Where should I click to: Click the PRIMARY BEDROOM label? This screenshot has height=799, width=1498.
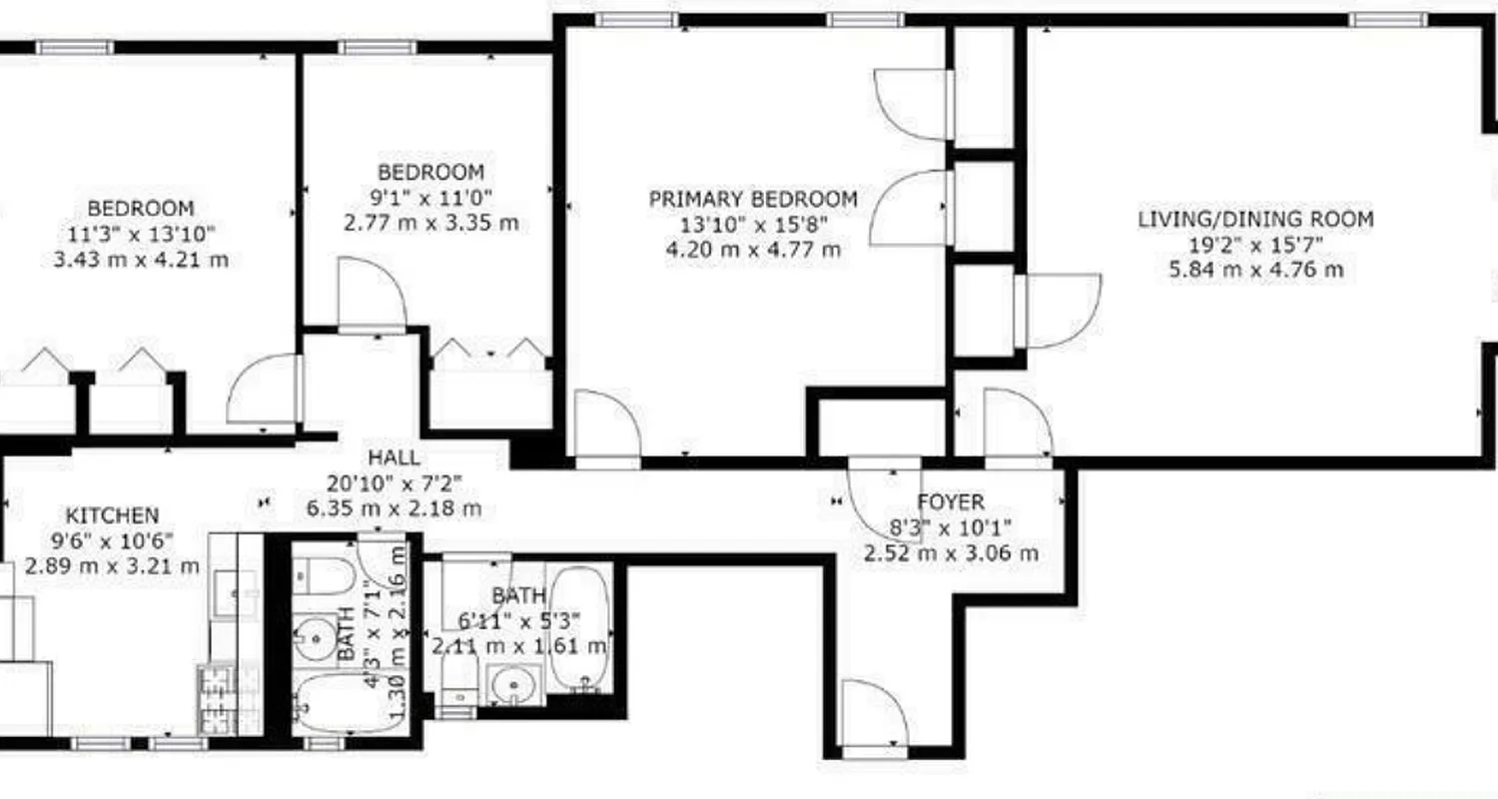pyautogui.click(x=753, y=199)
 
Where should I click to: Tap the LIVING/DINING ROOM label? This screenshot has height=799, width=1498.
pyautogui.click(x=1255, y=219)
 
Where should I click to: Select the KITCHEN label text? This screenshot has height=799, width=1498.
pyautogui.click(x=112, y=515)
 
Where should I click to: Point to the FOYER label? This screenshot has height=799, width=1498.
pyautogui.click(x=951, y=501)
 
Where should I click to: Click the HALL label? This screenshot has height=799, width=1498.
pyautogui.click(x=393, y=458)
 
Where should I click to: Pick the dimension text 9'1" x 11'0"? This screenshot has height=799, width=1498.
pyautogui.click(x=430, y=197)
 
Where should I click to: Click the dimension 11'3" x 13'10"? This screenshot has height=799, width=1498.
pyautogui.click(x=141, y=235)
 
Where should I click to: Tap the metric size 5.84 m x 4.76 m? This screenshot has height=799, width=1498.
pyautogui.click(x=1255, y=270)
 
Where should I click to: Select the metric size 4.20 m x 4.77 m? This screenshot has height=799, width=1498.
pyautogui.click(x=753, y=250)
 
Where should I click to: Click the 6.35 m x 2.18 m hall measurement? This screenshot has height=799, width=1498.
pyautogui.click(x=393, y=508)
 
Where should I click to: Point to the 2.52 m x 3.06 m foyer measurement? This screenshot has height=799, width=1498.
pyautogui.click(x=951, y=552)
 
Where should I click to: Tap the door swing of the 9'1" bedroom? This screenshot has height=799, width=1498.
pyautogui.click(x=371, y=293)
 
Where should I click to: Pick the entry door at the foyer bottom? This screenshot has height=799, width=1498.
pyautogui.click(x=872, y=714)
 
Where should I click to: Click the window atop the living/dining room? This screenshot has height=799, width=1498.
pyautogui.click(x=1387, y=19)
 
